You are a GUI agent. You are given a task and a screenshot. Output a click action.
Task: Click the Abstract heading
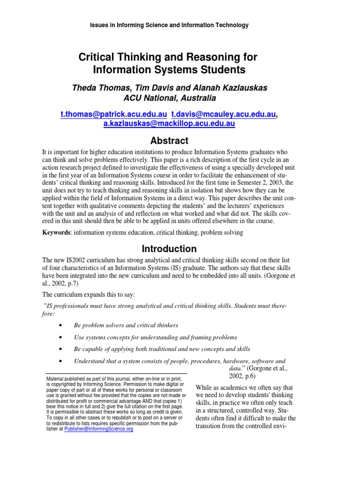point(169,141)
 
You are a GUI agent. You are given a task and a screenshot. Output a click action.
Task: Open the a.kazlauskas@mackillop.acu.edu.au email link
point(169,124)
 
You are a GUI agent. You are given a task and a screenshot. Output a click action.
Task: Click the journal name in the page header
point(169,25)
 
